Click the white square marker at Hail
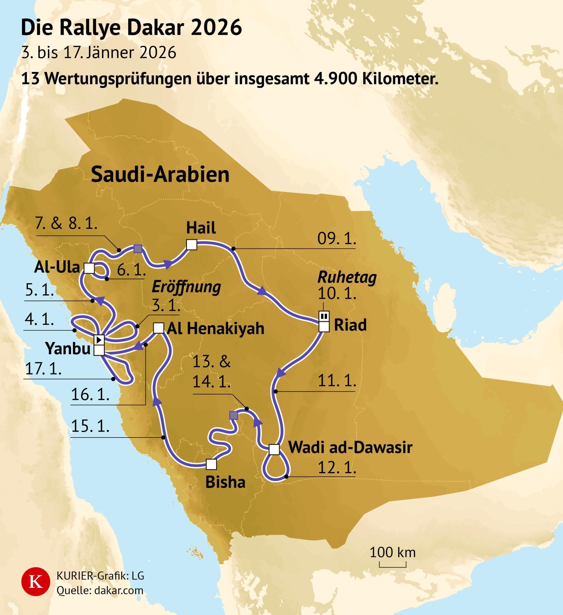click(x=192, y=245)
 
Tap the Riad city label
click(x=350, y=325)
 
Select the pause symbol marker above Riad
click(x=324, y=316)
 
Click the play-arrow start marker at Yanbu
click(x=99, y=340)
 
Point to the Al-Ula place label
click(x=57, y=268)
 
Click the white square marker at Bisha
click(x=211, y=464)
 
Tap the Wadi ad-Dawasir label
click(x=350, y=447)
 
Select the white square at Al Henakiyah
click(x=159, y=328)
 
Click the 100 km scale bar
click(x=392, y=565)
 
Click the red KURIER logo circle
click(x=36, y=582)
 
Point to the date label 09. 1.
click(x=337, y=239)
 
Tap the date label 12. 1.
click(x=337, y=468)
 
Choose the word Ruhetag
click(x=347, y=277)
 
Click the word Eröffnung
click(x=186, y=287)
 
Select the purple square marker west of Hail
click(x=138, y=248)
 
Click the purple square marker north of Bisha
click(x=234, y=415)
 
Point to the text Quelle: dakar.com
click(x=100, y=590)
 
